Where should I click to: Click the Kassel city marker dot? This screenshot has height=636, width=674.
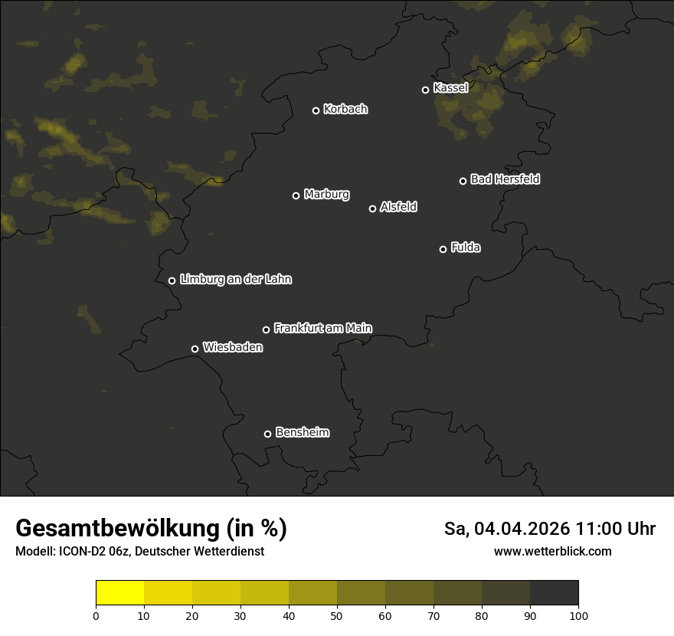click(425, 90)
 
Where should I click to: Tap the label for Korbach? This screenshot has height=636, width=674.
click(345, 110)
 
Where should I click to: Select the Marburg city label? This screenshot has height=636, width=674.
click(326, 195)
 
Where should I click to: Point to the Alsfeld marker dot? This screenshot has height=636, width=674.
click(373, 208)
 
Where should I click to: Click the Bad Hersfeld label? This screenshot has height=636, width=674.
click(505, 179)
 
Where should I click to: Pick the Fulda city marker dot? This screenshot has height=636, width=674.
click(443, 249)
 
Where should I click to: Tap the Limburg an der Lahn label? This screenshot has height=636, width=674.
click(235, 280)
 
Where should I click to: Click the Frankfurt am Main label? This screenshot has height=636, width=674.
click(322, 328)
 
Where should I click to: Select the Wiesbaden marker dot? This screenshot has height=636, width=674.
click(195, 349)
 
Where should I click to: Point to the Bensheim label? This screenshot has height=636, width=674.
click(302, 433)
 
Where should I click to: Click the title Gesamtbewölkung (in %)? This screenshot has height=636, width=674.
click(151, 529)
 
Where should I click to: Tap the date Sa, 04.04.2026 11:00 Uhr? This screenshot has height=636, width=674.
click(549, 529)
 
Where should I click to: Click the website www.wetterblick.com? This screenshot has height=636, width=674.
click(552, 552)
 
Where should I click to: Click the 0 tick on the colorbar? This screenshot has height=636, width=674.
click(96, 615)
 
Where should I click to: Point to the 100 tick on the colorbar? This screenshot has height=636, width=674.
click(578, 615)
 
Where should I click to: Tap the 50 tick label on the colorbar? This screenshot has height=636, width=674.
click(337, 615)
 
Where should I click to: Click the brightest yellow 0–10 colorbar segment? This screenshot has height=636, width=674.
click(119, 593)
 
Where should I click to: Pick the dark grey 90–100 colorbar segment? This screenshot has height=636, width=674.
click(554, 593)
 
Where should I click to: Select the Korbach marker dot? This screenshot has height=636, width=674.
click(316, 110)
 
